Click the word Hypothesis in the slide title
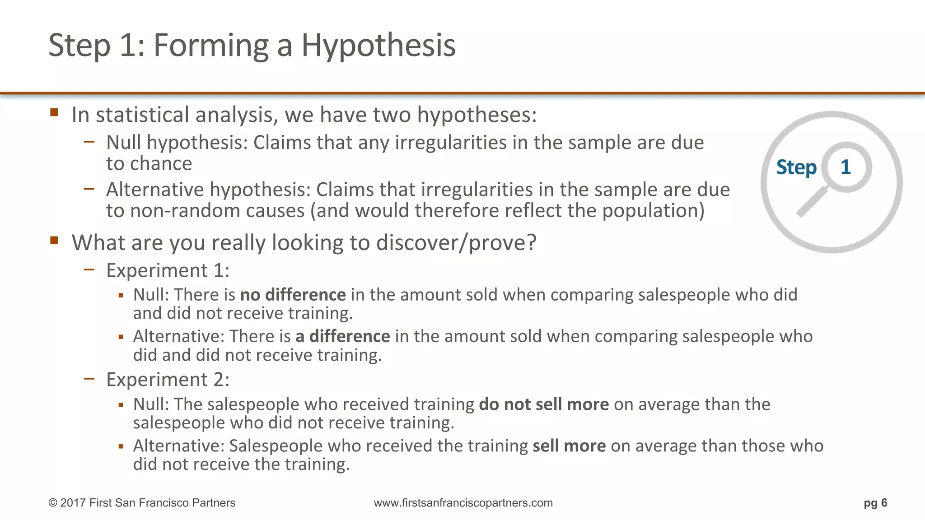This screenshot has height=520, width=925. pos(378,46)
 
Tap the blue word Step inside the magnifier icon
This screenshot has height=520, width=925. pos(796,167)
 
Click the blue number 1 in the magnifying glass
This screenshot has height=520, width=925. pos(846,167)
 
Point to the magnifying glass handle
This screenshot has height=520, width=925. pos(812,202)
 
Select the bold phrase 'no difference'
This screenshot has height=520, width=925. pos(293,295)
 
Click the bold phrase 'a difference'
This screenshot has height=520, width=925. pos(342,336)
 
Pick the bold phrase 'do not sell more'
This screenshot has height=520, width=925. pos(544,404)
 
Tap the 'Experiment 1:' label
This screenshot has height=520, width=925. pos(168,270)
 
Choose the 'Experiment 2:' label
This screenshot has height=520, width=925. pos(168,380)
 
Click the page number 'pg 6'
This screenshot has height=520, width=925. pos(875,503)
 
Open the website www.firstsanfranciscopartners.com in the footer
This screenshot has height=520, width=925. pos(463,503)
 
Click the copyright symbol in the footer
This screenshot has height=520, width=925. pos(53,503)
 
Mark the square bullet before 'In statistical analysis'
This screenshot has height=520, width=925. pos(55,112)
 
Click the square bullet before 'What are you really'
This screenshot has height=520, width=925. pos(55,240)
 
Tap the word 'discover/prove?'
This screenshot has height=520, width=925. pos(456,243)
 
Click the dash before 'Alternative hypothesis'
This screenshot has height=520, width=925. pos(89,189)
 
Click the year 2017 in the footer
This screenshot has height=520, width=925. pos(73,503)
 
